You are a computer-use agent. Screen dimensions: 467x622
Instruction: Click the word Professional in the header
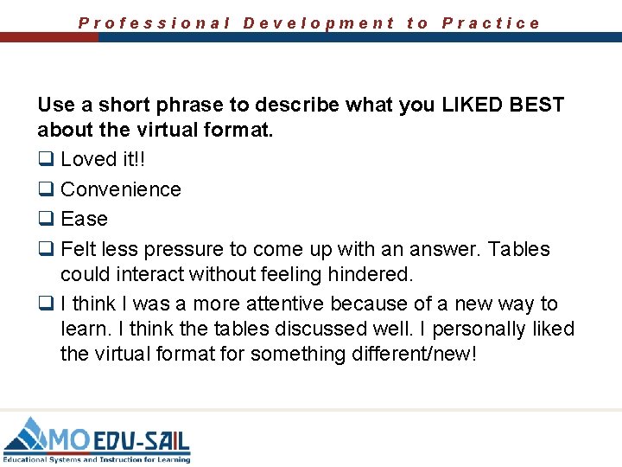click(x=155, y=23)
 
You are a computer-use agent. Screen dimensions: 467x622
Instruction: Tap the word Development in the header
click(x=319, y=23)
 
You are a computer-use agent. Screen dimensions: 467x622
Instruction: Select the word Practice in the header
click(x=491, y=23)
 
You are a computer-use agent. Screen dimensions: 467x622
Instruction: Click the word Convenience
click(x=121, y=189)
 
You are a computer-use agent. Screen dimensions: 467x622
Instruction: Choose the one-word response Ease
click(x=84, y=219)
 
